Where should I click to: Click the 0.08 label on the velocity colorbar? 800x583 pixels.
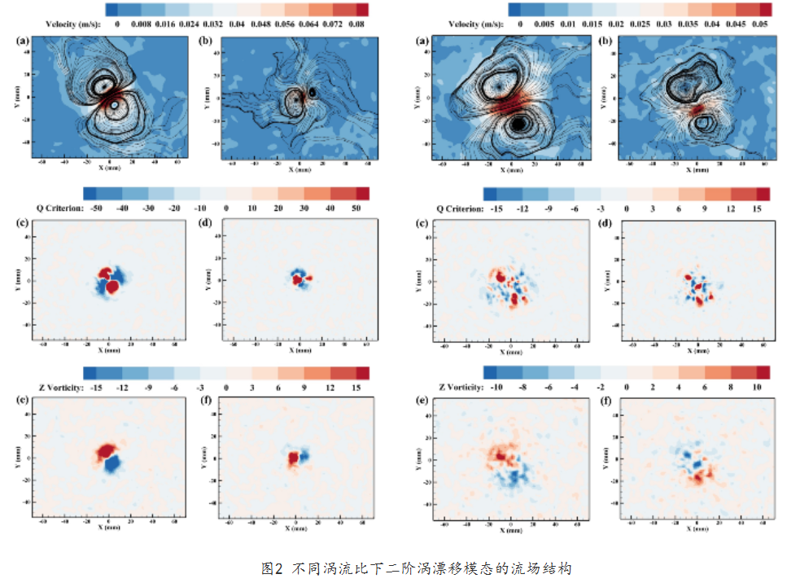tap(356, 24)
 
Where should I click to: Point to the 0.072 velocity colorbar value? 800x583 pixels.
tap(331, 24)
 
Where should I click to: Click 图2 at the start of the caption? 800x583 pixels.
tap(271, 568)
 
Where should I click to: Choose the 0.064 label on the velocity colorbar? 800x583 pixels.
tap(305, 24)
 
